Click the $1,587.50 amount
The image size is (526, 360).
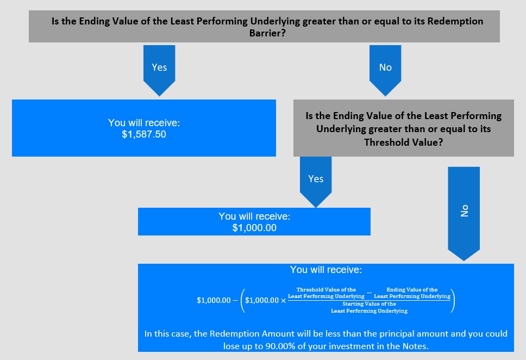click(x=144, y=134)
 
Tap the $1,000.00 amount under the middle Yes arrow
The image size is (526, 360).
click(x=254, y=228)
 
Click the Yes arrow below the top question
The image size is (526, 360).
click(x=159, y=71)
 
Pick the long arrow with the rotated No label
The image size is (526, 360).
click(x=464, y=214)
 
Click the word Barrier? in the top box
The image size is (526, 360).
click(x=267, y=33)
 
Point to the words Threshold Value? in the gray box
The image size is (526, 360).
click(x=404, y=142)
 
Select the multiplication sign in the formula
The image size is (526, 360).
click(x=284, y=301)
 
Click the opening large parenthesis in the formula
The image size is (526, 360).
click(x=243, y=301)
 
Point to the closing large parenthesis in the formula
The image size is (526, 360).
click(x=453, y=301)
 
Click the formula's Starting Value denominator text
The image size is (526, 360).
click(x=370, y=307)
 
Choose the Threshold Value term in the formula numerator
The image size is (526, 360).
click(x=326, y=293)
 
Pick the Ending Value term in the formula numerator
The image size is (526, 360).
click(x=412, y=293)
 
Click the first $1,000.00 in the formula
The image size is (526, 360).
click(x=214, y=300)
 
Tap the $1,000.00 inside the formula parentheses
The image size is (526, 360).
click(x=262, y=300)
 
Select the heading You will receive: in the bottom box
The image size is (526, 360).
click(x=326, y=270)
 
